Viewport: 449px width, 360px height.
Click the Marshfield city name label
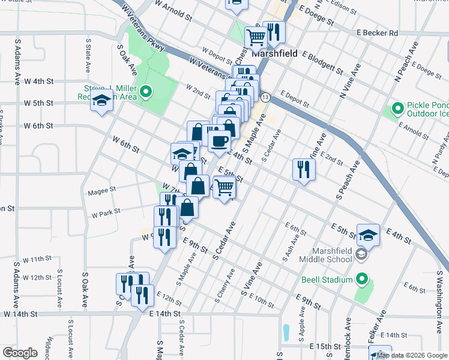click(272, 52)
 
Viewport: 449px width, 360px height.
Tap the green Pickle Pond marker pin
click(397, 109)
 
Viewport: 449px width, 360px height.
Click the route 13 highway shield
click(265, 97)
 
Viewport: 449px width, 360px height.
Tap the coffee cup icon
click(219, 141)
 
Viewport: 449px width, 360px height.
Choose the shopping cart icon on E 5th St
click(224, 187)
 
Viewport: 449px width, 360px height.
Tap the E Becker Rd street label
click(377, 33)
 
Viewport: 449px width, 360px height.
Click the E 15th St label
click(325, 347)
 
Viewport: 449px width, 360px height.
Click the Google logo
click(20, 353)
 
